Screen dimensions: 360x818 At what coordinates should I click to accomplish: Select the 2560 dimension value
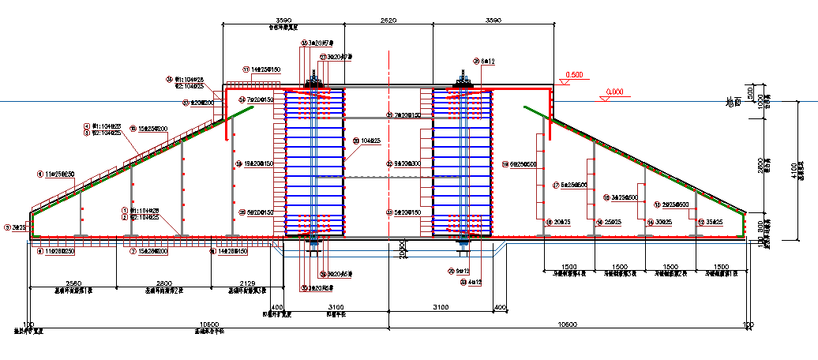coord(73,283)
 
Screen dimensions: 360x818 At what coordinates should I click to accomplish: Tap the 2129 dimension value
coord(246,283)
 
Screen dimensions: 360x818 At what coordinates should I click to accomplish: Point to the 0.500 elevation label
coord(574,75)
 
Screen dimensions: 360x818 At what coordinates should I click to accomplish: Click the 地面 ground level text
coord(732,101)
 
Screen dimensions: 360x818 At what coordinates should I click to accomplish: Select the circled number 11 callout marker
coord(246,70)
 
